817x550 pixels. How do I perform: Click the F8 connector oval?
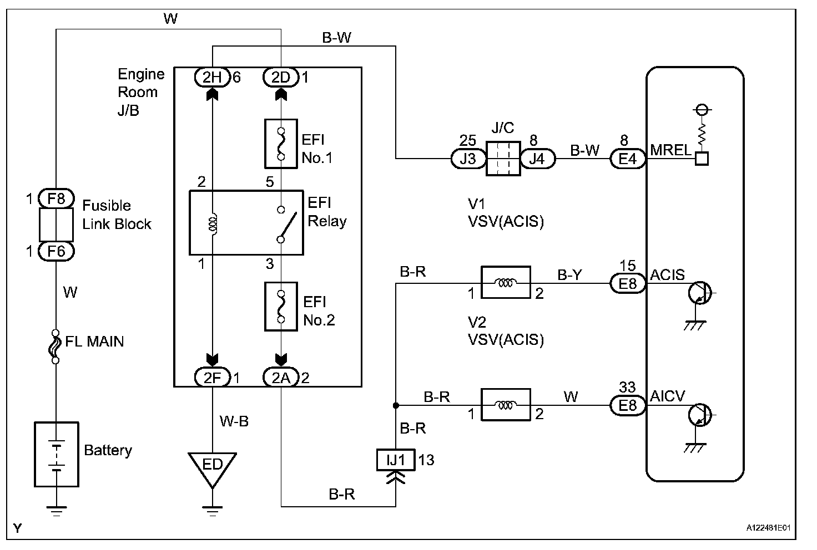[x=56, y=198]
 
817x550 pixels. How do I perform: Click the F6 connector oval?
[x=56, y=251]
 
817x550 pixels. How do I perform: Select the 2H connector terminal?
[x=213, y=77]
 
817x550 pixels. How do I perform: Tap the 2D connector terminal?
[x=281, y=77]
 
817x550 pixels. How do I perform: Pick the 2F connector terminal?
[x=213, y=378]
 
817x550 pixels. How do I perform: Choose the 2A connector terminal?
[x=281, y=378]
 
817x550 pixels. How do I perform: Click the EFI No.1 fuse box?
[x=281, y=144]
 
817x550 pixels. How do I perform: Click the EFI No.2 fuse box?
[x=281, y=306]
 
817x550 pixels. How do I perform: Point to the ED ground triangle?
[x=212, y=467]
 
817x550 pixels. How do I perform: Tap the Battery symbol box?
[x=56, y=454]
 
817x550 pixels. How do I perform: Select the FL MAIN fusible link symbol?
[x=56, y=347]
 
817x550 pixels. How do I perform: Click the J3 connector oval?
[x=468, y=159]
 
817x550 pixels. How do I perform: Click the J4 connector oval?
[x=537, y=159]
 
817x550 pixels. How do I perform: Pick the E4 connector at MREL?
[x=628, y=159]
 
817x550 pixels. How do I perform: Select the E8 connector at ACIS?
[x=628, y=284]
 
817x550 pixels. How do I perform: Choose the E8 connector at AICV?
[x=628, y=405]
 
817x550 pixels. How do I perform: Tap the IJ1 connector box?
[x=396, y=460]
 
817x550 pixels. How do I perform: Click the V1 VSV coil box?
[x=505, y=283]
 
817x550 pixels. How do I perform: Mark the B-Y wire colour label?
[x=569, y=275]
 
